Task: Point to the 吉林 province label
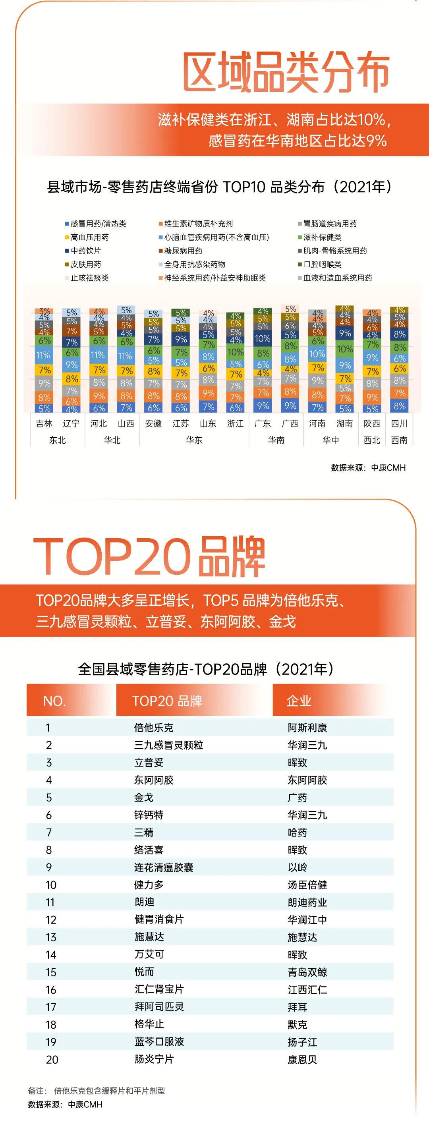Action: click(x=44, y=423)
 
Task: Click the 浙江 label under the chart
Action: click(x=235, y=423)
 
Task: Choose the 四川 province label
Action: click(x=399, y=423)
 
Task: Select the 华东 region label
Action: click(x=194, y=440)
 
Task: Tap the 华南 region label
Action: click(x=276, y=440)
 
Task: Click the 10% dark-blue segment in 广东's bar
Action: click(x=263, y=338)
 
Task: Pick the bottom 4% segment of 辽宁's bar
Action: click(x=72, y=409)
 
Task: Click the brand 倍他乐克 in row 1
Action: click(x=153, y=728)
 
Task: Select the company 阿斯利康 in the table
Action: click(x=307, y=728)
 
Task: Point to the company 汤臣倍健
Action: click(x=307, y=885)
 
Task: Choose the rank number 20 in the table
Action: click(x=52, y=1060)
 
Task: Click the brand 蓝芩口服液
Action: click(x=159, y=1042)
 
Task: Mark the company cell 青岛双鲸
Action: click(x=307, y=973)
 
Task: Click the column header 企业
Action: click(x=299, y=701)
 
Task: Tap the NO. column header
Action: click(x=55, y=701)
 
